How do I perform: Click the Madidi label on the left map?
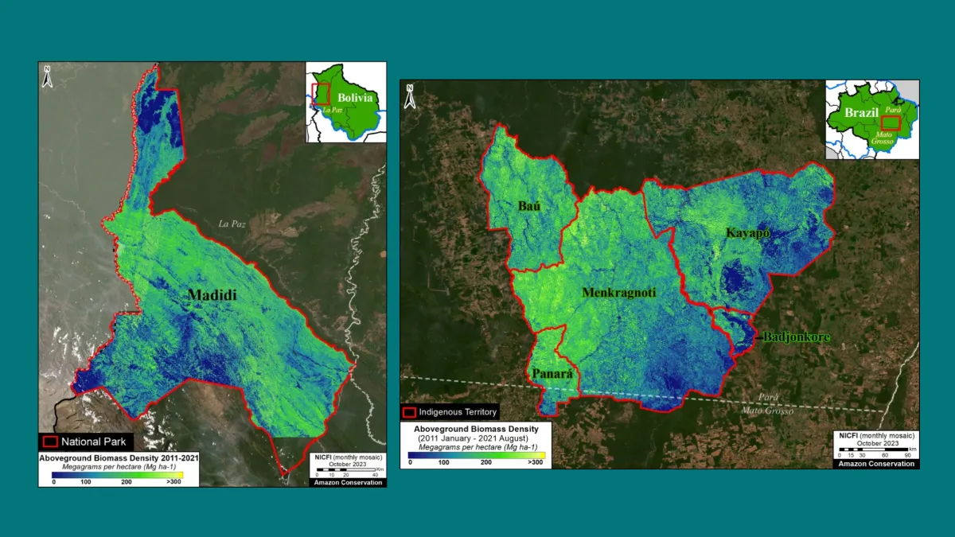click(212, 295)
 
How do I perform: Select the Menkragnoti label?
click(619, 293)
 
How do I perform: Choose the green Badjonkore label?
click(797, 337)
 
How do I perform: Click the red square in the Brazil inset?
click(891, 122)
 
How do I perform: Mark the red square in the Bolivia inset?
click(321, 95)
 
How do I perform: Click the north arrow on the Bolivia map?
click(48, 76)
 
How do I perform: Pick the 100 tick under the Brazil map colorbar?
click(444, 461)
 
